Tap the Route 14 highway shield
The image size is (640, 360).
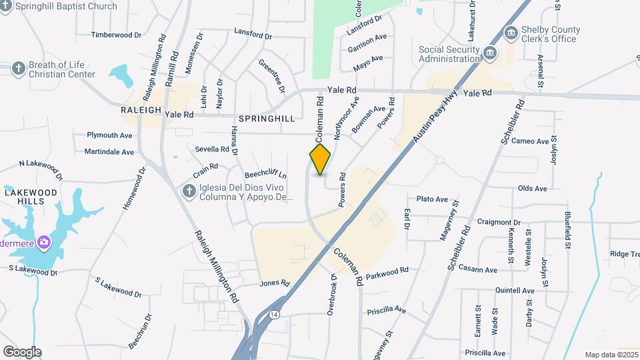pyautogui.click(x=274, y=313)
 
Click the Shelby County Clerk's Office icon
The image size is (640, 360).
pyautogui.click(x=511, y=33)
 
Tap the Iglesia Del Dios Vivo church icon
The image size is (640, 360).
pyautogui.click(x=189, y=192)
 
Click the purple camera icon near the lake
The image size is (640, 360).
pyautogui.click(x=44, y=241)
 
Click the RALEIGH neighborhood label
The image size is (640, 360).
pyautogui.click(x=141, y=110)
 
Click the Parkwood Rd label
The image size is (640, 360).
pyautogui.click(x=387, y=272)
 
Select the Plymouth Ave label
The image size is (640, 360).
pyautogui.click(x=110, y=135)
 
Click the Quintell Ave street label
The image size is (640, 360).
pyautogui.click(x=515, y=291)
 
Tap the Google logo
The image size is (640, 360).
pyautogui.click(x=22, y=351)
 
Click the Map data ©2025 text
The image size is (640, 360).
pyautogui.click(x=611, y=355)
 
